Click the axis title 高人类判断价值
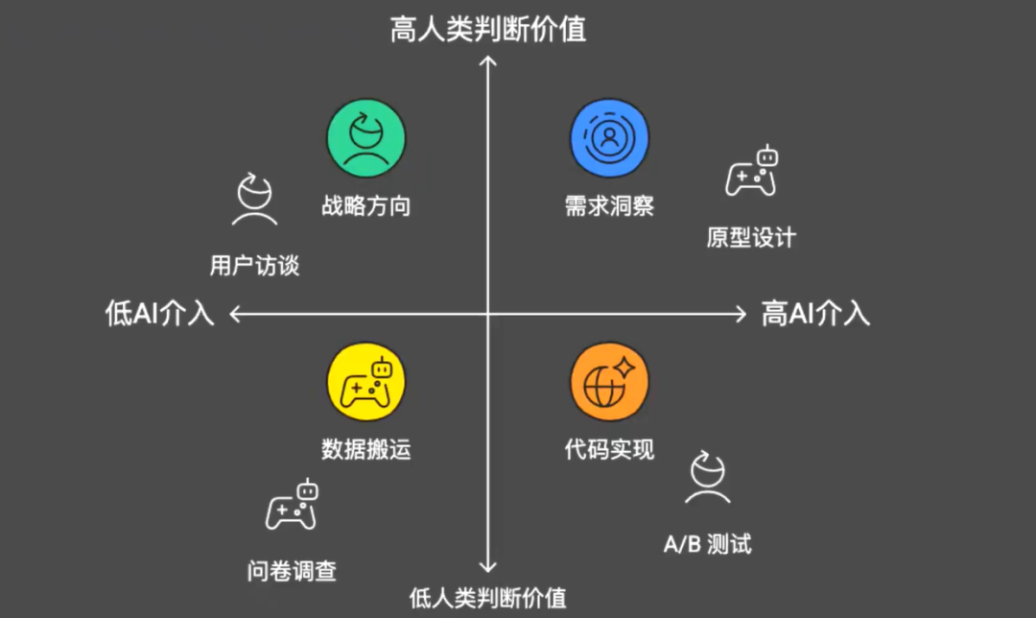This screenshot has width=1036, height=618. (x=488, y=30)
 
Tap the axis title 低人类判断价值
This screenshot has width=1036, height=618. (x=488, y=598)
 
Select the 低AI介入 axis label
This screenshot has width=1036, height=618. (x=159, y=314)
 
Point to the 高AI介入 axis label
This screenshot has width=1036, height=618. (x=815, y=314)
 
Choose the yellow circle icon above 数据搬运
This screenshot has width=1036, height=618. (x=366, y=381)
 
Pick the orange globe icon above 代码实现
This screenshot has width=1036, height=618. (x=609, y=381)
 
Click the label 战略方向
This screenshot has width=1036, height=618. (x=366, y=205)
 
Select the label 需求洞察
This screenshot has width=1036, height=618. (x=609, y=205)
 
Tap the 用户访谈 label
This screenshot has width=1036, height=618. (x=254, y=265)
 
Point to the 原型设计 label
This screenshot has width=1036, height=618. (x=751, y=237)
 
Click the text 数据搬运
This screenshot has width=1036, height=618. (x=366, y=449)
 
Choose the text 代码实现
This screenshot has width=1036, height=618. (x=609, y=449)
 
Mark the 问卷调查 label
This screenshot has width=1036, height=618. (x=292, y=571)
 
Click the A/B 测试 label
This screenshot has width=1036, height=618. (x=708, y=544)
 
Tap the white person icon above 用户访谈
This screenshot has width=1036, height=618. (x=255, y=200)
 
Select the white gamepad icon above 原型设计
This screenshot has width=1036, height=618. (x=751, y=172)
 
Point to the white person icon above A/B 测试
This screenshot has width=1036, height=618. (x=708, y=478)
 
